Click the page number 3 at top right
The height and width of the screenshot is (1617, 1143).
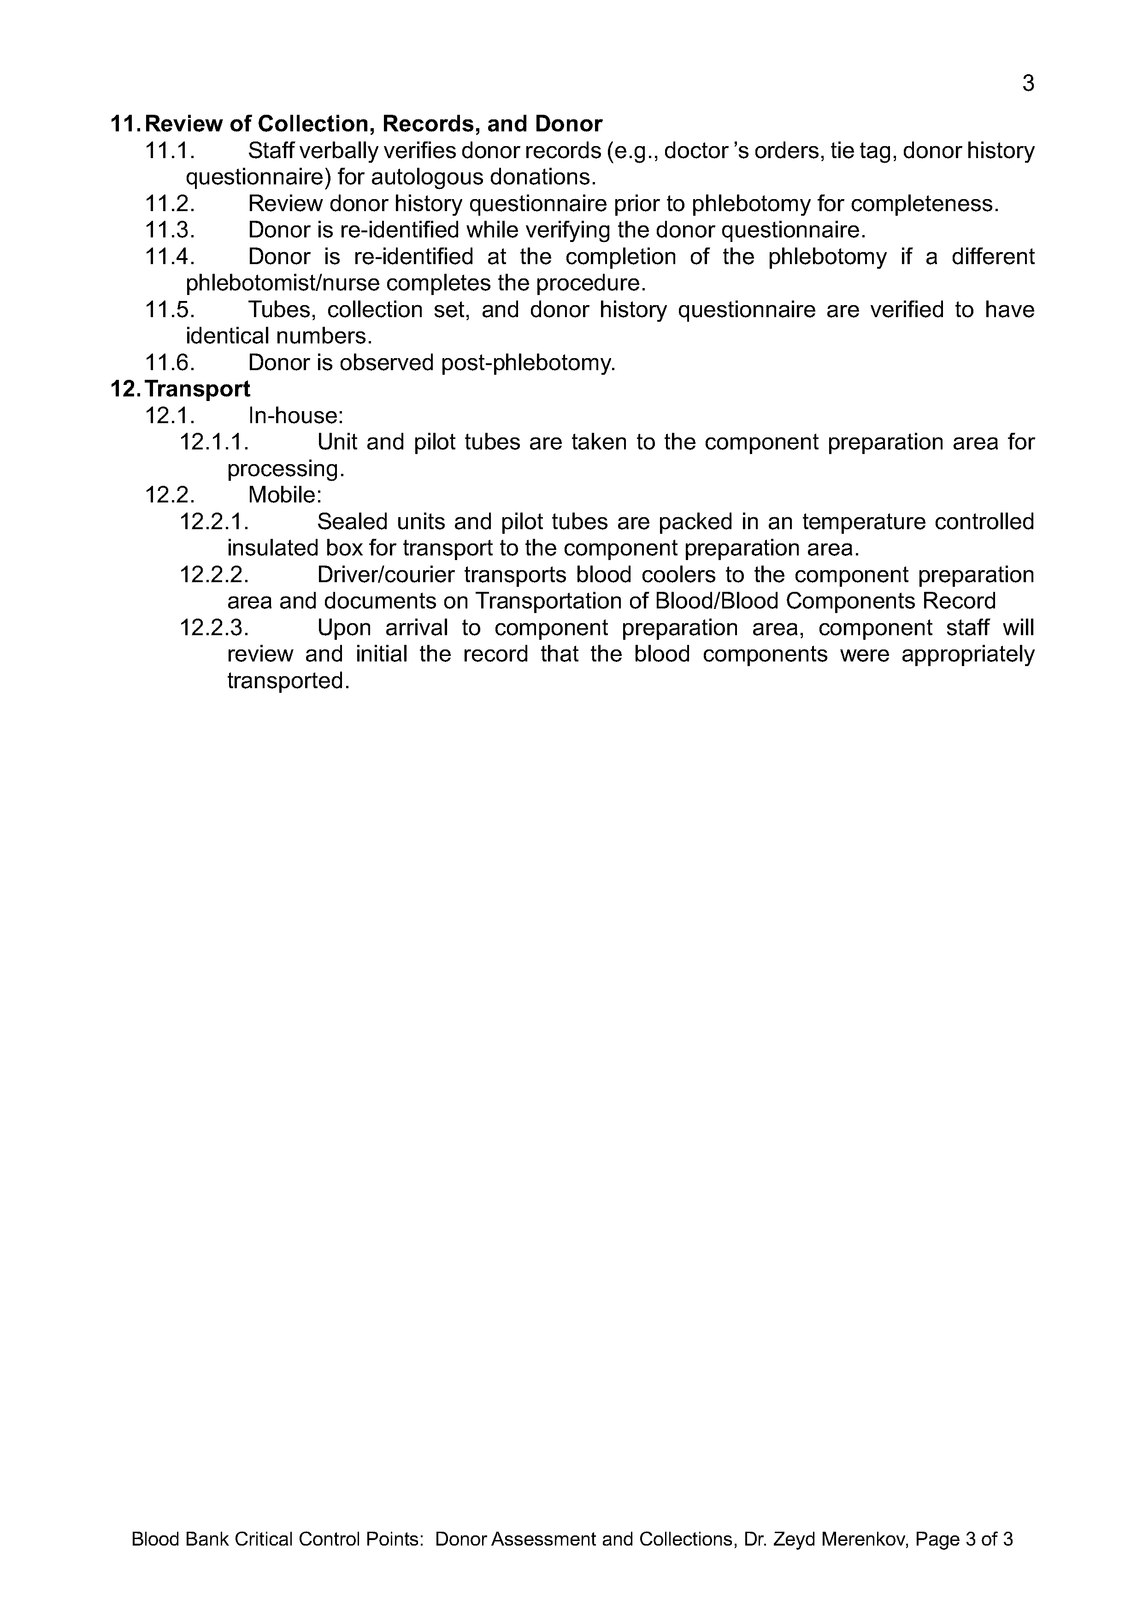tap(1027, 84)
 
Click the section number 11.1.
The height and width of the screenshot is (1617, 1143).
tap(170, 151)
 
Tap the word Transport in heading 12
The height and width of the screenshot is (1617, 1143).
tap(197, 389)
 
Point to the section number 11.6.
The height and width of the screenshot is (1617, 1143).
tap(170, 363)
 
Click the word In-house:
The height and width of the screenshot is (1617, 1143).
tap(296, 415)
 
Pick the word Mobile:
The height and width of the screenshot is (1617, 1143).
tap(284, 495)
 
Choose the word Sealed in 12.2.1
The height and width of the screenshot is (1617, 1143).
tap(350, 522)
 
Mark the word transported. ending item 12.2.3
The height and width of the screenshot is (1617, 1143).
tap(288, 681)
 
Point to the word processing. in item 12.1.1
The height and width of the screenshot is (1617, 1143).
tap(286, 469)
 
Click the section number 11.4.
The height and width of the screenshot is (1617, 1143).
tap(170, 257)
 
